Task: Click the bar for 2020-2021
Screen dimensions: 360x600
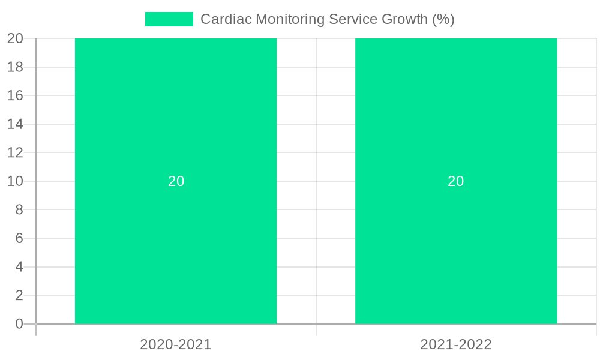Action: coord(176,240)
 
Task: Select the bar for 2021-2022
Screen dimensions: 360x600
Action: coord(456,240)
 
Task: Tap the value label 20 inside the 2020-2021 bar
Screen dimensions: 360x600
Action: coord(176,181)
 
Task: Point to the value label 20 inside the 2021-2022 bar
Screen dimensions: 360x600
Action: coord(456,181)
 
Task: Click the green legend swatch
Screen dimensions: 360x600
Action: coord(169,19)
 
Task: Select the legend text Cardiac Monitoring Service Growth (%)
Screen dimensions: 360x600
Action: coord(327,19)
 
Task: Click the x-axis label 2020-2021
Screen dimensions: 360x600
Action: coord(176,344)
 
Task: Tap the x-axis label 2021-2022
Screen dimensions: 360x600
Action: coord(456,344)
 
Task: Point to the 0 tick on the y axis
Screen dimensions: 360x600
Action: coord(19,324)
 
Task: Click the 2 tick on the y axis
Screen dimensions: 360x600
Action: coord(19,295)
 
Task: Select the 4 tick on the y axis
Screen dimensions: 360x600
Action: coord(19,267)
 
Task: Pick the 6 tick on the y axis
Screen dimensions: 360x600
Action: coord(19,238)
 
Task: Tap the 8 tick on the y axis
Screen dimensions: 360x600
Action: coord(19,209)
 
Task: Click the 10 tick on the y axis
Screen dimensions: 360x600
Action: coord(15,181)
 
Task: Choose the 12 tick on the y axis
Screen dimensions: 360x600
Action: coord(15,152)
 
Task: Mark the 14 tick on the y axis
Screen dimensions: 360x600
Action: coord(15,124)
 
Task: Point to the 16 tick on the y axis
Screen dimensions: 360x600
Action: coord(15,95)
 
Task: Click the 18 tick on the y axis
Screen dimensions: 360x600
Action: coord(15,67)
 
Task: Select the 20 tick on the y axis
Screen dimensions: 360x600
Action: coord(15,38)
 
